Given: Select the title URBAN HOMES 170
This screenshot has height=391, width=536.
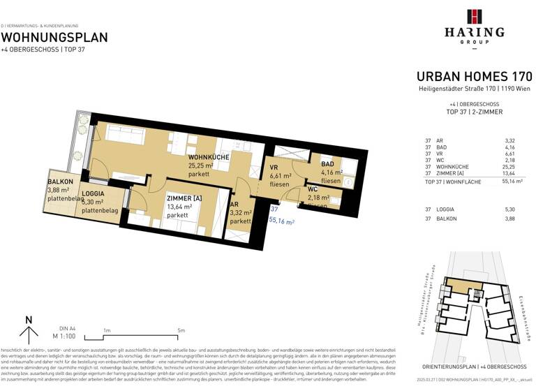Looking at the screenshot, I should pos(474,76).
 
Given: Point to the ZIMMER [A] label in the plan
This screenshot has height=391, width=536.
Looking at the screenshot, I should pos(184,198).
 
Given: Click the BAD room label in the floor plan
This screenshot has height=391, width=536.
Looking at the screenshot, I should pos(328,163).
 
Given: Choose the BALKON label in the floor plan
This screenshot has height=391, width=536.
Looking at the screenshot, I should pos(59,180).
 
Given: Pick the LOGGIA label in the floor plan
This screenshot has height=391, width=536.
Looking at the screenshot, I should pos(94,193).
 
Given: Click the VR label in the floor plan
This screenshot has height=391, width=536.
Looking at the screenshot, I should pos(274,168).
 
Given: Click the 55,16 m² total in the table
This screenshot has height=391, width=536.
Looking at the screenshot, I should pos(512,181).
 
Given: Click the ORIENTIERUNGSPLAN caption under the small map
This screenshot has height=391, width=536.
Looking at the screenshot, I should pos(473,367).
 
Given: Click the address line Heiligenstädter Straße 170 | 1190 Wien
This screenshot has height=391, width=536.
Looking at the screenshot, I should pos(474,89).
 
